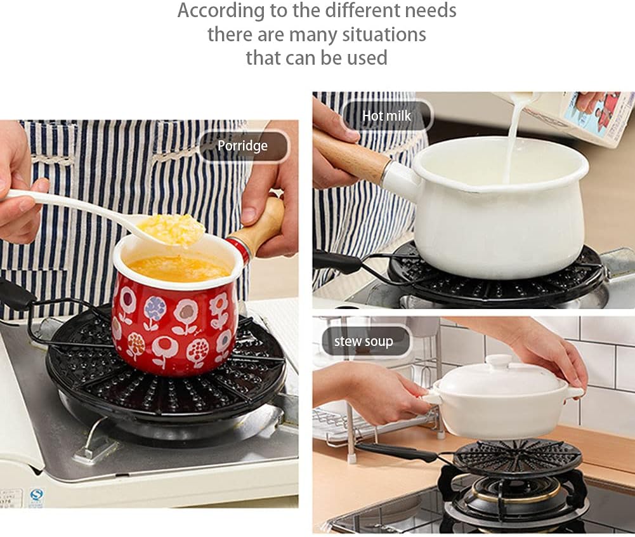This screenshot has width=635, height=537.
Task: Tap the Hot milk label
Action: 387,116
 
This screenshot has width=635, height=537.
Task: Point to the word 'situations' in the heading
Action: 384,34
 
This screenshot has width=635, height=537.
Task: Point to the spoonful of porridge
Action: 171,230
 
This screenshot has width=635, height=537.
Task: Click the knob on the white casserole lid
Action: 499,361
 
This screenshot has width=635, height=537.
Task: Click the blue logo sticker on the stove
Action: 36,495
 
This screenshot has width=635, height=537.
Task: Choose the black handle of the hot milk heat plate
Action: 337,261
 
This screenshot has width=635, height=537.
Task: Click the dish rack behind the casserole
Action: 377,421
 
